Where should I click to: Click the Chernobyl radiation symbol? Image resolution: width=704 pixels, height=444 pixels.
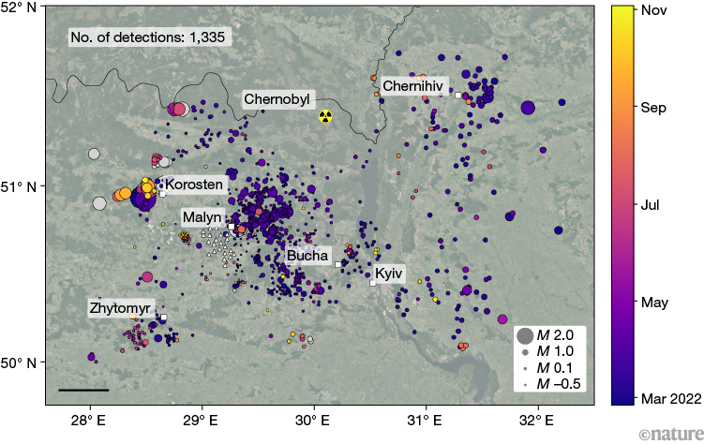[325, 116]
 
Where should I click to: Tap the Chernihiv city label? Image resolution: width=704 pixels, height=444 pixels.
[412, 86]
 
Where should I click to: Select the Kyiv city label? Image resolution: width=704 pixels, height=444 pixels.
[389, 274]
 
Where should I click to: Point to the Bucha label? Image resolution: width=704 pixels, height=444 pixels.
[307, 255]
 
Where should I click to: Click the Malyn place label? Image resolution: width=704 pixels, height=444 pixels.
[202, 217]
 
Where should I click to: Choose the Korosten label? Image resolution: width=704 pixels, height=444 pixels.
[196, 185]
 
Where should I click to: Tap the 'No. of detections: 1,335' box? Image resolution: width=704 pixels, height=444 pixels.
[149, 37]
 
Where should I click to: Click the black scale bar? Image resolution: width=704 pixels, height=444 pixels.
[82, 389]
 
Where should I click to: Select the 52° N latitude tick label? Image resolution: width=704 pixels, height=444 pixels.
[20, 8]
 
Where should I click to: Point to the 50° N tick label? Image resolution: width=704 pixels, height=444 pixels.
[20, 362]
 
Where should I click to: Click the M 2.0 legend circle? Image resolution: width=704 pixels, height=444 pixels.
[525, 335]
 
